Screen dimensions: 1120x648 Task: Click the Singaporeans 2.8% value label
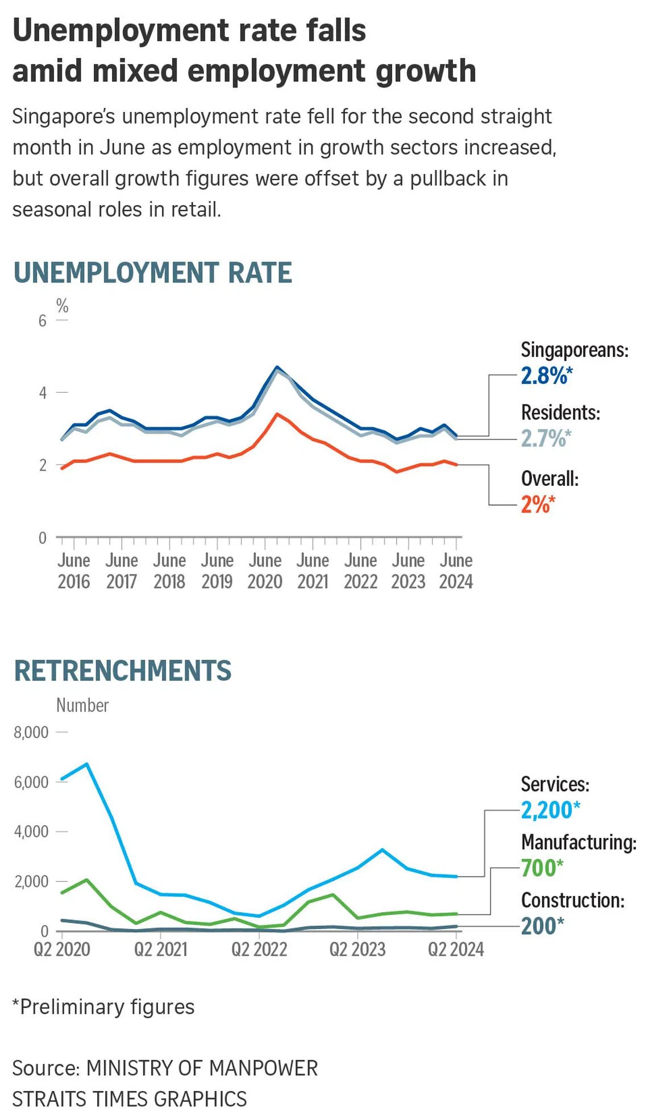[546, 376]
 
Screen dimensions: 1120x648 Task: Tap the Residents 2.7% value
[545, 439]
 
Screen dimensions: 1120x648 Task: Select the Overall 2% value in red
[537, 505]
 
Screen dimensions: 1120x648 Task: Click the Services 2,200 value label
[550, 810]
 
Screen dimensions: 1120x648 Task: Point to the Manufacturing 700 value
[541, 868]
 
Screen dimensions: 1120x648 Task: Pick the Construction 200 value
[542, 926]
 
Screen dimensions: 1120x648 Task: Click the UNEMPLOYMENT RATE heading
[152, 273]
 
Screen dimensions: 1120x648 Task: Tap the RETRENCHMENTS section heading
[122, 671]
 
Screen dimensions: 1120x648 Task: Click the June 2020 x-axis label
[265, 571]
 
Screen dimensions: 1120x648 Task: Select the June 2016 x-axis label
[74, 571]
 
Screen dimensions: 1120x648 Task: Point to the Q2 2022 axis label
[259, 950]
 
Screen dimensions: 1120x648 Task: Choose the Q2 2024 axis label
[456, 950]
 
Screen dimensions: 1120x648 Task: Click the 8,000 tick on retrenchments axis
[31, 732]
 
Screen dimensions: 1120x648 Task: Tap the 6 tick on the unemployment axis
[43, 321]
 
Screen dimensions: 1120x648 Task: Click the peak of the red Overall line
[277, 414]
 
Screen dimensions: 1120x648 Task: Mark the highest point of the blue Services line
[86, 764]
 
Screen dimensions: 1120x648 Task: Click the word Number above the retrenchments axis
[82, 706]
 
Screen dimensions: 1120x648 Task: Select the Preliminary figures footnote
[103, 1007]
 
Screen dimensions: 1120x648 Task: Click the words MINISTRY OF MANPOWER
[202, 1068]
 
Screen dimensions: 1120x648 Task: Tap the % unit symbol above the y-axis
[62, 306]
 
